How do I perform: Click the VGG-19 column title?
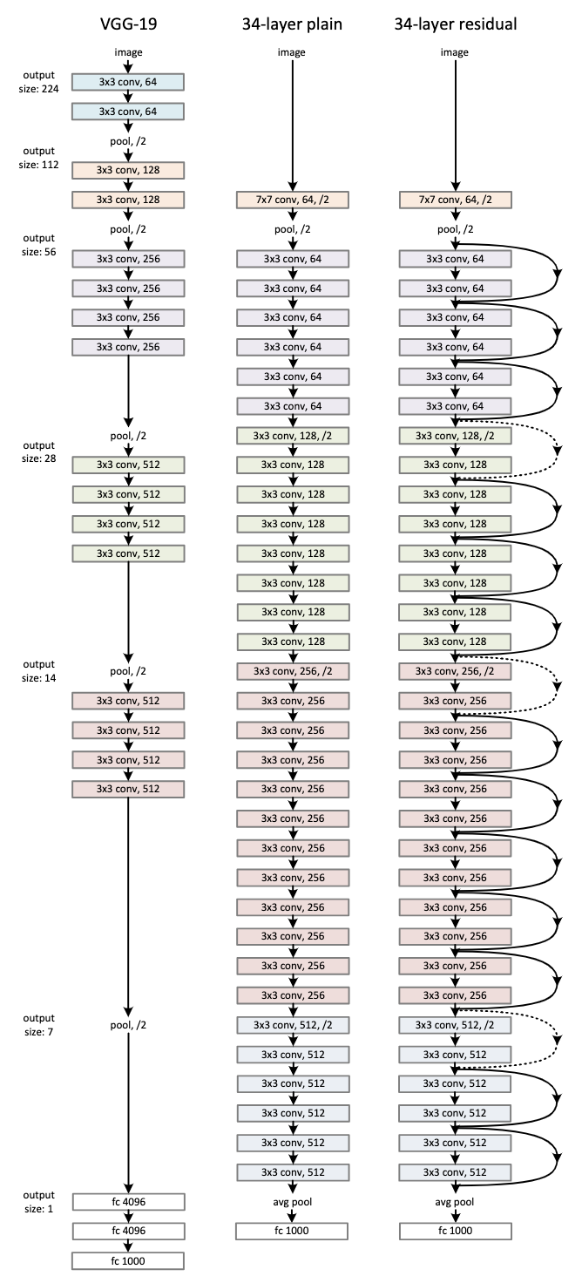point(128,24)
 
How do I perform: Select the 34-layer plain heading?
point(292,24)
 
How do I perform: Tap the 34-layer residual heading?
point(455,24)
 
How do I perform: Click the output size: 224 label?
point(38,82)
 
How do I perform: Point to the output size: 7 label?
point(38,1025)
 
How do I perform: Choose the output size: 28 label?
point(38,451)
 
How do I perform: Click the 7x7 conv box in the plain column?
point(293,200)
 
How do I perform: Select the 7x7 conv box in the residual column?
point(455,200)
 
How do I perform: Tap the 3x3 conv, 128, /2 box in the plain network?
point(293,436)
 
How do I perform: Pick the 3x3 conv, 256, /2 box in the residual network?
point(455,671)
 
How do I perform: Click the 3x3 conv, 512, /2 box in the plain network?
point(293,1025)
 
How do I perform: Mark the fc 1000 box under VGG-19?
point(128,1260)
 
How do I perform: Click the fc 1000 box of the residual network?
point(455,1231)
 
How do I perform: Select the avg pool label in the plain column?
point(292,1202)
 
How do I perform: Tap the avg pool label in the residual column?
point(455,1202)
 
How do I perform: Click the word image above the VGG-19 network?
point(128,52)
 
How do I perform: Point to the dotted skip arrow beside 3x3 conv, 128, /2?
point(557,449)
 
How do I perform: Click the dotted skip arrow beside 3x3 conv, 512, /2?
point(557,1039)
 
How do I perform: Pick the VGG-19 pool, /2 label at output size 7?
point(128,1025)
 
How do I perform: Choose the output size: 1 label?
point(38,1202)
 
